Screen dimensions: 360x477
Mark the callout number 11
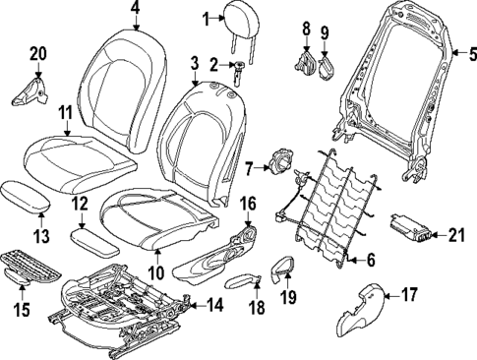click(x=66, y=114)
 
